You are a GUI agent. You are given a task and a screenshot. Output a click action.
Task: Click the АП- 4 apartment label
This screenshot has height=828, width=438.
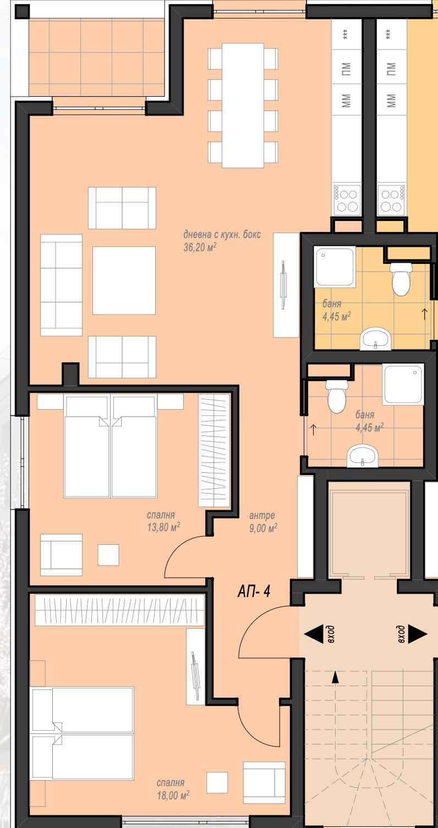pyautogui.click(x=254, y=592)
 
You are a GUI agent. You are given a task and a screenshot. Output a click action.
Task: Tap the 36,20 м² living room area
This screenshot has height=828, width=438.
pyautogui.click(x=200, y=247)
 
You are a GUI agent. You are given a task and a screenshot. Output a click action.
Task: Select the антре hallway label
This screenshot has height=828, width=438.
pyautogui.click(x=262, y=515)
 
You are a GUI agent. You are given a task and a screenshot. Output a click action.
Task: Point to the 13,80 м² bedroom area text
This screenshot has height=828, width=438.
pyautogui.click(x=163, y=527)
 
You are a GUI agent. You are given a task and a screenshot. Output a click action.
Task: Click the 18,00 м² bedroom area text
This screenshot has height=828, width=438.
pyautogui.click(x=173, y=795)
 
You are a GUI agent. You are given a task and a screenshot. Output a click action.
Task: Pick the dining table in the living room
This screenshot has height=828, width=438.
pyautogui.click(x=243, y=106)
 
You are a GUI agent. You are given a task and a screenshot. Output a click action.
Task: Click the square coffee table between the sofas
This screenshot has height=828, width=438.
pyautogui.click(x=124, y=280)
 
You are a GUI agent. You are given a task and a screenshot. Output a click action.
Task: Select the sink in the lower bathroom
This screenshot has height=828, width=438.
pyautogui.click(x=363, y=456)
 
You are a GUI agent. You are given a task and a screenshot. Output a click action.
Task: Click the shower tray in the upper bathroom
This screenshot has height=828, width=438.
pyautogui.click(x=335, y=267)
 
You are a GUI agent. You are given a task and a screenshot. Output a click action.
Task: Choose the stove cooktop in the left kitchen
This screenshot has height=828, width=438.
pyautogui.click(x=347, y=200)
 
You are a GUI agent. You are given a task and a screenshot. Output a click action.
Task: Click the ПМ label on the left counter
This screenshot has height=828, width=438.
pyautogui.click(x=346, y=69)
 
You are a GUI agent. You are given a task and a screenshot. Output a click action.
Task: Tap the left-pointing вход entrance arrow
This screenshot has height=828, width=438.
pyautogui.click(x=314, y=634)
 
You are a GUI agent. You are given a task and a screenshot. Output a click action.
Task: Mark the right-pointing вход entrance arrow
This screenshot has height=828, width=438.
pyautogui.click(x=418, y=634)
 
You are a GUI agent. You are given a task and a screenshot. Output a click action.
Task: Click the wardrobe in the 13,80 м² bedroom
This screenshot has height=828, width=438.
pyautogui.click(x=214, y=451)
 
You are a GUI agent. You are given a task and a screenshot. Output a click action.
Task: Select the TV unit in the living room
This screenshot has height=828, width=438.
pyautogui.click(x=286, y=285)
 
